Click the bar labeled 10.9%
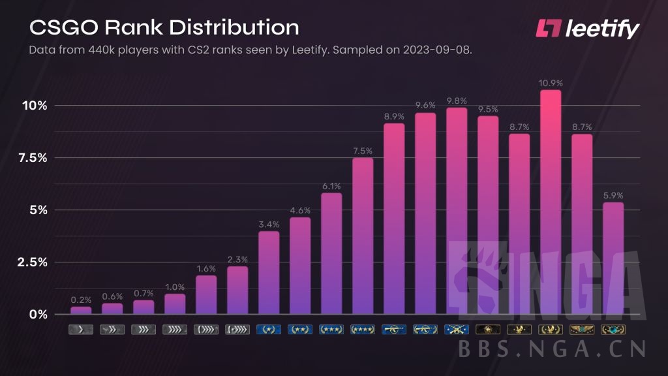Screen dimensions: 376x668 click(551, 202)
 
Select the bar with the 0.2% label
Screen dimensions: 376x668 click(81, 310)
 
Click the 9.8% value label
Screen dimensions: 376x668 click(457, 101)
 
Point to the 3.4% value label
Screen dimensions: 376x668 click(269, 225)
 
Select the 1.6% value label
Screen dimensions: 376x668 click(206, 268)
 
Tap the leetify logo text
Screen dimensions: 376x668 click(601, 29)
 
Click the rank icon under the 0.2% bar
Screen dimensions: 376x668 click(81, 330)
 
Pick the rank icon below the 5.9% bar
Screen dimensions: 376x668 click(613, 330)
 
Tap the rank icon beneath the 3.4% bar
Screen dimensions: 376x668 click(269, 330)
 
